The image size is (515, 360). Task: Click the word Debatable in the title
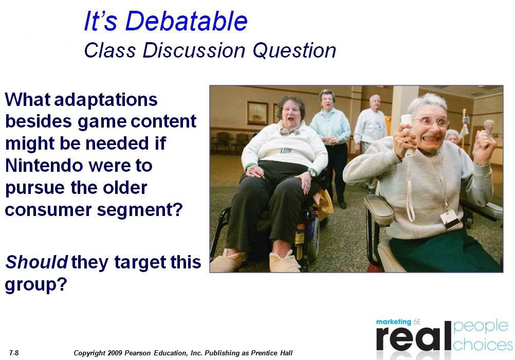(186, 21)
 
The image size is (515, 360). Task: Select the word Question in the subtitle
(295, 50)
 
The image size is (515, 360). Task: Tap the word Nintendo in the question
(44, 166)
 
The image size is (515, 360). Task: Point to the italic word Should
(37, 262)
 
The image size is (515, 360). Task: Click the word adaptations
(106, 99)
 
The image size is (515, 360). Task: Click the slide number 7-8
(14, 353)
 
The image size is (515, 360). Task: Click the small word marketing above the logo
(394, 322)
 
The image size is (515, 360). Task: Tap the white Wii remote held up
(409, 135)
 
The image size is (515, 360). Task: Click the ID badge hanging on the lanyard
(450, 220)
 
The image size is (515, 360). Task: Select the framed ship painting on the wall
(257, 113)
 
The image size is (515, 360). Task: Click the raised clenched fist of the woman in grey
(484, 147)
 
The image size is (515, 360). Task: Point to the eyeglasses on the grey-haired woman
(434, 122)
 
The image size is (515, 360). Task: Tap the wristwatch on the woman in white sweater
(311, 173)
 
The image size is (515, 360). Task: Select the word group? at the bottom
(36, 284)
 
